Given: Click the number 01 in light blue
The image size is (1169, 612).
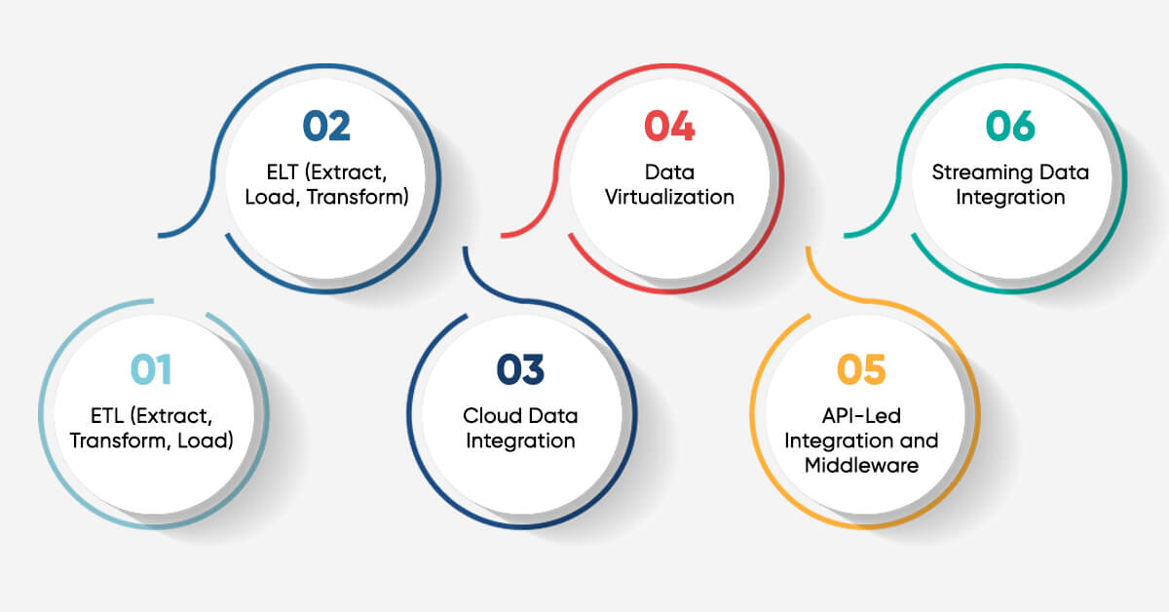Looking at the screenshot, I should (x=151, y=369).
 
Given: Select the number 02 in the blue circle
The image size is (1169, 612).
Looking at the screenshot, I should (x=326, y=127).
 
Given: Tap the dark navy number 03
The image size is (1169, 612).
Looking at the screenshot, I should (x=520, y=369).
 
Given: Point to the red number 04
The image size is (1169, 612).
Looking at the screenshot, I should (x=669, y=127).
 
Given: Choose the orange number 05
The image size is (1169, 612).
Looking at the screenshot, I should (x=861, y=369).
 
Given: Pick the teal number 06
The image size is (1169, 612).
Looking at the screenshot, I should (x=1010, y=127).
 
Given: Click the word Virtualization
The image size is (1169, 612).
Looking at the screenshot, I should (x=669, y=197).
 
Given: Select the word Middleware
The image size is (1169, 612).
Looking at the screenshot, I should (x=861, y=465).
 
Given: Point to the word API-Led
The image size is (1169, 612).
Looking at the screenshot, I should (x=861, y=416).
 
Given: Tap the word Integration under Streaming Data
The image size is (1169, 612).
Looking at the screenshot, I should (x=1010, y=197).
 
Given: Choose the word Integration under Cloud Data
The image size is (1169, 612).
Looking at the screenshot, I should (x=520, y=440).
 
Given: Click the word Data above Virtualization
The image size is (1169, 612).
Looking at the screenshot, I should (x=669, y=173).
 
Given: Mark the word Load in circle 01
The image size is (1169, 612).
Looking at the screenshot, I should (x=207, y=440).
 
